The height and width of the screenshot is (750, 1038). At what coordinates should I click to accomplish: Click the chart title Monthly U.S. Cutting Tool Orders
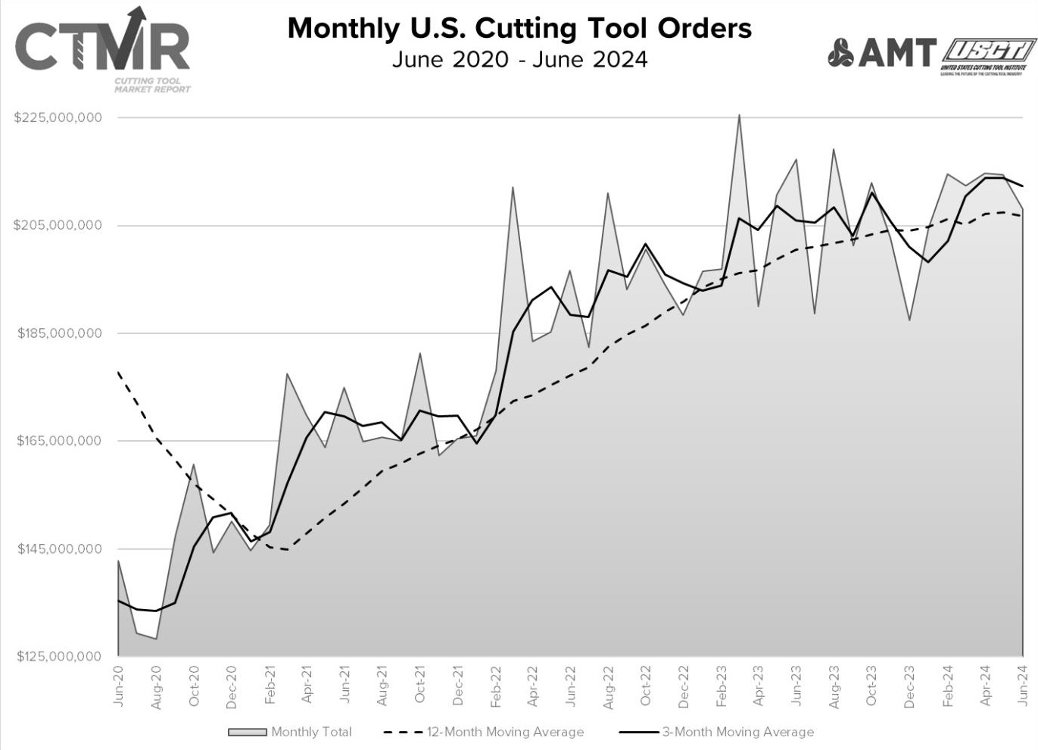tap(519, 28)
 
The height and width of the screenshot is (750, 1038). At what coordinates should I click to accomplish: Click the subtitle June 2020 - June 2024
tap(519, 59)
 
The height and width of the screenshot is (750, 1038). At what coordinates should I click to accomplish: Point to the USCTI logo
tap(988, 55)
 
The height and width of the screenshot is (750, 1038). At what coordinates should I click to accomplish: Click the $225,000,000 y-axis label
tap(58, 118)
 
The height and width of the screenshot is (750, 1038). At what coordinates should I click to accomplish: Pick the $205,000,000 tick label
tap(58, 226)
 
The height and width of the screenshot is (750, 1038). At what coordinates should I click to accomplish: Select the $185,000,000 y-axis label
tap(59, 333)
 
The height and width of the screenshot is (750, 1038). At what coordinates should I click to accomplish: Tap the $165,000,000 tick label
tap(59, 441)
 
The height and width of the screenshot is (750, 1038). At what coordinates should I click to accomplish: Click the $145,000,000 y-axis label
tap(59, 548)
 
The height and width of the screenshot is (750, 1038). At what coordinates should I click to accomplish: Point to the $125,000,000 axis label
tap(59, 656)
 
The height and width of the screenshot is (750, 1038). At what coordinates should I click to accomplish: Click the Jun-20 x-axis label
tap(119, 685)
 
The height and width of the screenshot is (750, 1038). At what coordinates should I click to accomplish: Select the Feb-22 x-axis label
tap(495, 686)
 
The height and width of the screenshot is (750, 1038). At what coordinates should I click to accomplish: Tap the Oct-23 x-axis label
tap(871, 686)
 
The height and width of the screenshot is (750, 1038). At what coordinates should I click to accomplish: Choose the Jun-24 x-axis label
tap(1022, 685)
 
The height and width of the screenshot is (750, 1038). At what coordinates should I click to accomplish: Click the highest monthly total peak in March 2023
tap(739, 115)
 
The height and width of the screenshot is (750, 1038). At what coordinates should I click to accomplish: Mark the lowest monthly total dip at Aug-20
tap(156, 639)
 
